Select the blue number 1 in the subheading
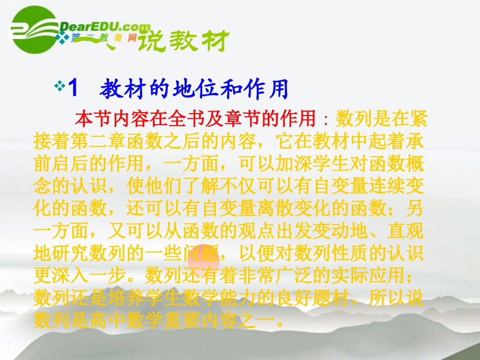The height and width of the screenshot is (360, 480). pos(73,89)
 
